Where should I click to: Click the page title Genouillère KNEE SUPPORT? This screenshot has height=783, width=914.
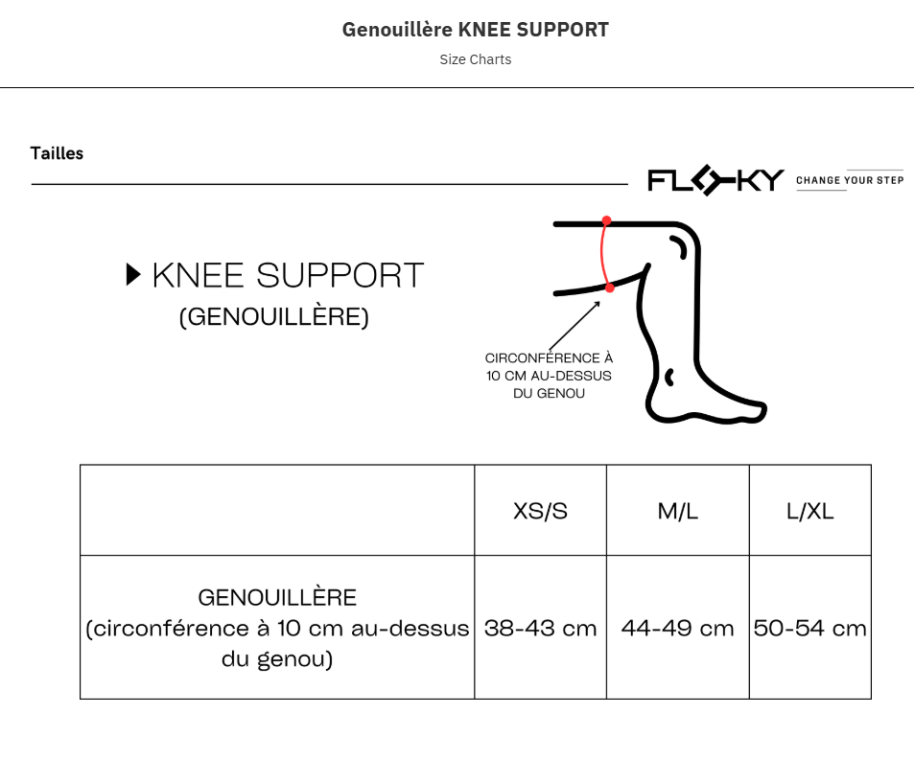(x=475, y=30)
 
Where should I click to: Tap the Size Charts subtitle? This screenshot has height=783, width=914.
(x=475, y=59)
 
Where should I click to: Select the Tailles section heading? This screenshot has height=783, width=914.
(x=57, y=153)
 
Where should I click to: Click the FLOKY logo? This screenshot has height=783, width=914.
(x=715, y=180)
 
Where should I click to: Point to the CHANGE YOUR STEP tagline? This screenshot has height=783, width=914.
(x=849, y=180)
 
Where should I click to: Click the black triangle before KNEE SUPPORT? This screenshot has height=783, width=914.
(x=133, y=275)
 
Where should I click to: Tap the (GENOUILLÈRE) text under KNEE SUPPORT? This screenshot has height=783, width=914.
(x=273, y=317)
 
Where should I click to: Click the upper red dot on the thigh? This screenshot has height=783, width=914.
(x=606, y=221)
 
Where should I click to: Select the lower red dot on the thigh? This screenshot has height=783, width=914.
(x=609, y=287)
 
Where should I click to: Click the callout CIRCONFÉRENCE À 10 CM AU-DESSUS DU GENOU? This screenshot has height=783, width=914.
(x=549, y=376)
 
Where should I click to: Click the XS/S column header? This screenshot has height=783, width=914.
(x=540, y=511)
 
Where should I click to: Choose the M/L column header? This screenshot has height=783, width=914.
(x=677, y=511)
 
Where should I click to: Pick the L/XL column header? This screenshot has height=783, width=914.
(x=809, y=511)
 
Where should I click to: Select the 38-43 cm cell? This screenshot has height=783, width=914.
(x=540, y=628)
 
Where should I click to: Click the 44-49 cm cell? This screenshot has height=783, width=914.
(x=677, y=628)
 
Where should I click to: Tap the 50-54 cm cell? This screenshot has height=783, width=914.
(x=809, y=628)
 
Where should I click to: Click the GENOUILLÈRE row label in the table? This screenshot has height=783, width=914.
(x=277, y=628)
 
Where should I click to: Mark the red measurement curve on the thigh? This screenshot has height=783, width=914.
(x=601, y=254)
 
